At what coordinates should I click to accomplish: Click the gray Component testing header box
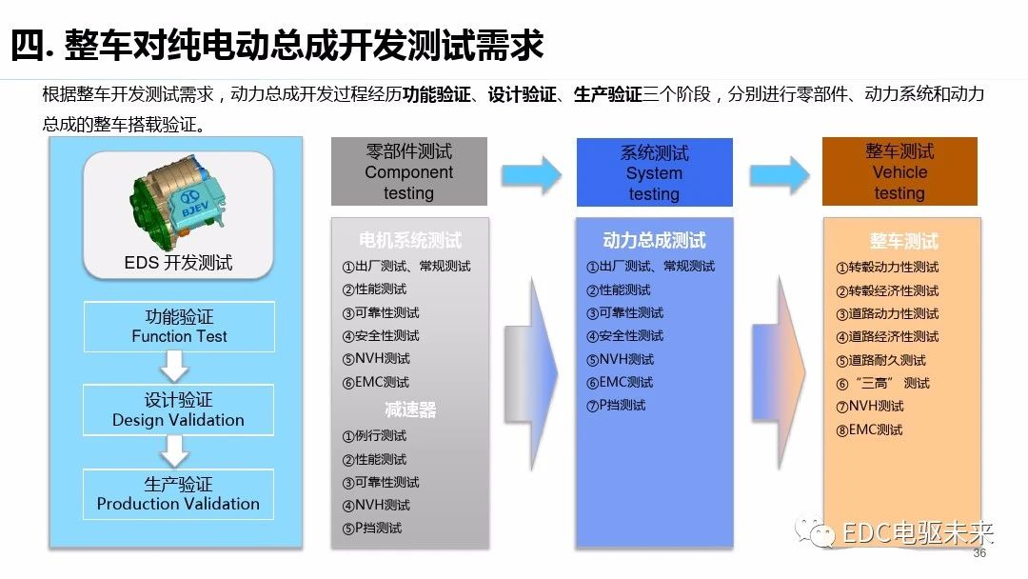point(408,172)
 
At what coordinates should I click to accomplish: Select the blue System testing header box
point(654,172)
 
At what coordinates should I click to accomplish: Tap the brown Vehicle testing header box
point(899,172)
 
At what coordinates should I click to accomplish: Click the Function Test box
point(179,326)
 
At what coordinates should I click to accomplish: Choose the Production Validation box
point(178,493)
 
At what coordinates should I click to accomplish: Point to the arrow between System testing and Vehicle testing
point(779,173)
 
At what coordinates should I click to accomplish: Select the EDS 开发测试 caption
point(178,263)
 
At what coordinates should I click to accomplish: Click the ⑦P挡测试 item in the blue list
point(616,405)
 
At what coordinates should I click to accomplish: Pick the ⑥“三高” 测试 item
point(882,383)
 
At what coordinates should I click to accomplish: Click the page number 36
point(979,554)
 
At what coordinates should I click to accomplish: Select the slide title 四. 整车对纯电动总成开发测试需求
point(277,45)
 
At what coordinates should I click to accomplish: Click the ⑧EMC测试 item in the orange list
point(869,429)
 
